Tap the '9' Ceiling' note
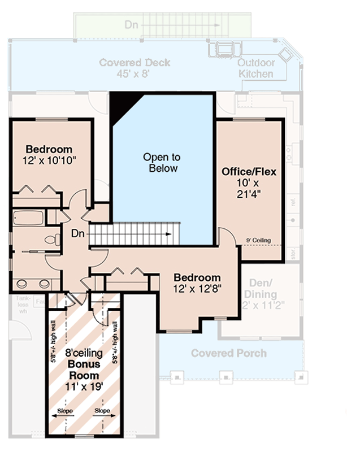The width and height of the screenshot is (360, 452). pos(258,240)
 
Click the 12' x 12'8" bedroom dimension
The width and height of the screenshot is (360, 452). pos(197,288)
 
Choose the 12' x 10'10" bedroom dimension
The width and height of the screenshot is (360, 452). pos(50,160)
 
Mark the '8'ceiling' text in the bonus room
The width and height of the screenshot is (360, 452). pos(84,354)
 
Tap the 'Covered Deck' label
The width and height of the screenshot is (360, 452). pos(135,62)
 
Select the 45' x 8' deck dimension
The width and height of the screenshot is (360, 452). pos(135,73)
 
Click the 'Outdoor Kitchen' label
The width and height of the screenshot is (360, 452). pos(256,68)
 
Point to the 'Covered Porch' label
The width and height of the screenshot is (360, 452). pos(228,353)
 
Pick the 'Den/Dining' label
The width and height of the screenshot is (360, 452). pos(261,289)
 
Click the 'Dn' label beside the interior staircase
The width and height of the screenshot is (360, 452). pos(79,233)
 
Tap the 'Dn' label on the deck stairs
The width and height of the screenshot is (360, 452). pos(131,25)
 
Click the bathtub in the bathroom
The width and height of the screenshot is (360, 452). pos(28,218)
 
